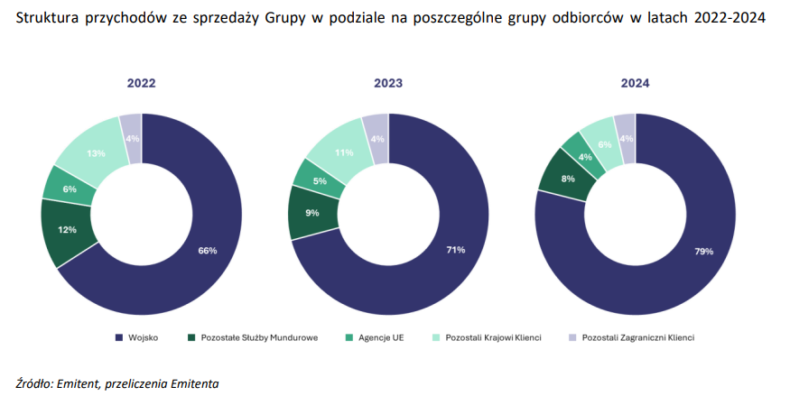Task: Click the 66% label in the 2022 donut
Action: tap(208, 250)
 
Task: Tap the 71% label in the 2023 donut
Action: tap(455, 249)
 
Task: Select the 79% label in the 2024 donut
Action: tap(703, 251)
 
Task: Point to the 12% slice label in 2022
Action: tap(67, 230)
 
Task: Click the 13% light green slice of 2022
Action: tap(94, 152)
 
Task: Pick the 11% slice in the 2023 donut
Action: tap(343, 153)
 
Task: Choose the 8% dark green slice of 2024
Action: tap(567, 179)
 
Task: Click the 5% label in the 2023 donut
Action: tap(320, 180)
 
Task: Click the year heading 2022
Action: tap(141, 83)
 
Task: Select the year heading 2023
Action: tap(388, 83)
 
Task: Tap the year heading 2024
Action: tap(635, 83)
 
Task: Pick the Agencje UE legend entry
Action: tap(378, 337)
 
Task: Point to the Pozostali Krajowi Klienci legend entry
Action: tap(491, 337)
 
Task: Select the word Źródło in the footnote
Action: tap(33, 383)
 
